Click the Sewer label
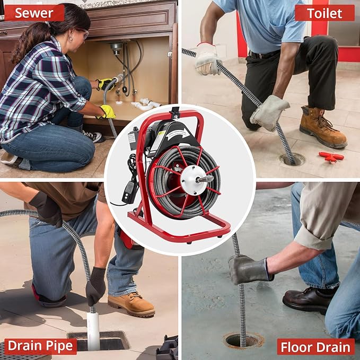pos(34,13)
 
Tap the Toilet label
pos(324,13)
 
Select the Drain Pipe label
pos(41,346)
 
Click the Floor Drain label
pos(316,347)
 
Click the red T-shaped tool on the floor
pos(331,156)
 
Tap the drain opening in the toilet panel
pos(293,159)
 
